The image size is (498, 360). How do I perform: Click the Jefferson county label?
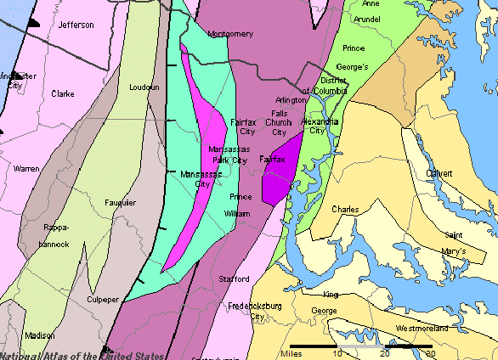pos(76,25)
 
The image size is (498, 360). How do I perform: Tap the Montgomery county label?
pos(230,34)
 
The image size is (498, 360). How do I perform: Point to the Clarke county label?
pos(63,93)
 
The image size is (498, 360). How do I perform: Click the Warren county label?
pos(26,169)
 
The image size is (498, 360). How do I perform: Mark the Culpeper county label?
pos(105,300)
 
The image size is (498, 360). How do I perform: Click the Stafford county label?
pos(235,278)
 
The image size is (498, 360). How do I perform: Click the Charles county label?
pos(345,209)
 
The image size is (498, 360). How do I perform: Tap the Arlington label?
pos(291,99)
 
